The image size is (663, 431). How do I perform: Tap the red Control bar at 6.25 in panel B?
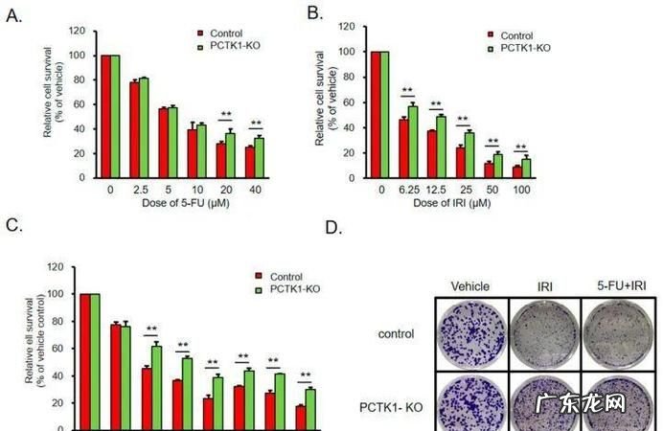coord(404,148)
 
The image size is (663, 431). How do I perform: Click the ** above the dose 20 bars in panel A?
coord(226,116)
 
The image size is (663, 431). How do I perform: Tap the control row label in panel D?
coord(397,334)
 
